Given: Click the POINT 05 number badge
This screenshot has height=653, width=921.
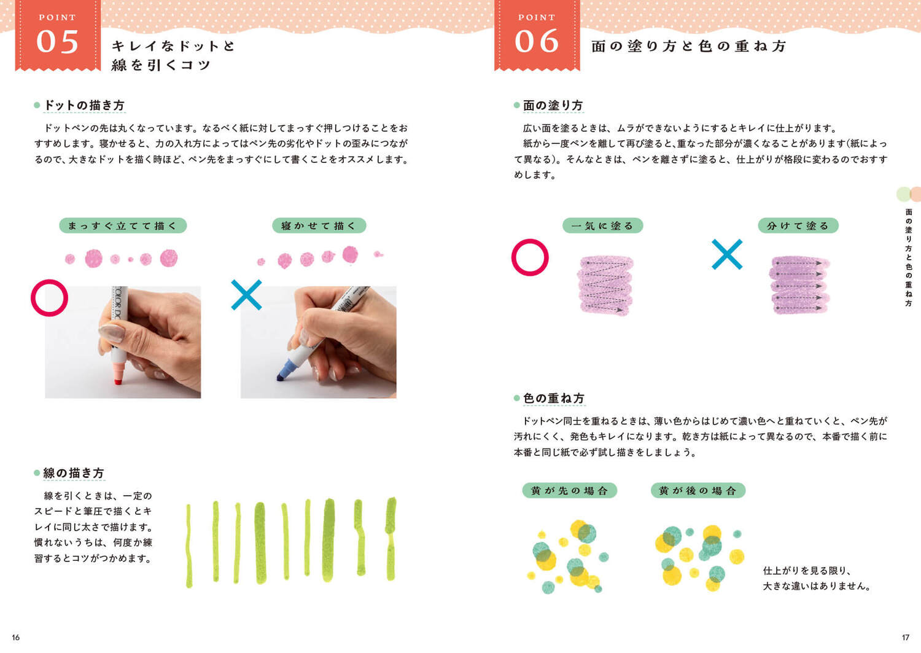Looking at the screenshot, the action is (x=58, y=36).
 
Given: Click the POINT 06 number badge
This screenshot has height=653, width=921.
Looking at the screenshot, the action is (x=537, y=36).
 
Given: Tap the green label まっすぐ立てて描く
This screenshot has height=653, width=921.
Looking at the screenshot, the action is (x=123, y=225).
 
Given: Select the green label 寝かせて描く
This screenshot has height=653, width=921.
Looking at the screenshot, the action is (x=319, y=225).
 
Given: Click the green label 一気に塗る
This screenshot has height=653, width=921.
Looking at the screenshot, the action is (x=603, y=225).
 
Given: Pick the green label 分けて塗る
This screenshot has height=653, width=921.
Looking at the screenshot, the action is (x=798, y=225).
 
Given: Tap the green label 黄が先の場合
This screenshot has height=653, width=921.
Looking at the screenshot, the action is (x=569, y=490).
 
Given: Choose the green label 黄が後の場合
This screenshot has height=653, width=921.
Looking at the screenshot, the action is (x=698, y=490).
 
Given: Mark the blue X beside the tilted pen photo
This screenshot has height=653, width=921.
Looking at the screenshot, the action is (x=246, y=295).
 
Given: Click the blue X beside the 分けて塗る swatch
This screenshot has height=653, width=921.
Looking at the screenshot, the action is (x=727, y=254).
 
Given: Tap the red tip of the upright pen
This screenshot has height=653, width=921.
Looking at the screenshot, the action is (x=118, y=382).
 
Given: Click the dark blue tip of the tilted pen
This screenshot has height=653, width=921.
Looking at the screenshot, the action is (x=281, y=377).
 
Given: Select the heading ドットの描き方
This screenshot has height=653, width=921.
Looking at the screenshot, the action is (x=84, y=105).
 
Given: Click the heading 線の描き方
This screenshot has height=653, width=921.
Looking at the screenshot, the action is (x=74, y=473).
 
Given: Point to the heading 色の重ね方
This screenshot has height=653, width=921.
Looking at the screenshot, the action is (x=554, y=398).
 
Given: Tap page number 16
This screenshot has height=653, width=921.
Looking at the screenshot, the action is (x=15, y=638).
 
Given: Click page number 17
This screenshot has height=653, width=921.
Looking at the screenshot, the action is (x=906, y=638).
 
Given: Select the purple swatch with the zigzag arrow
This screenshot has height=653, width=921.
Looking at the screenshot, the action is (x=605, y=286).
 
